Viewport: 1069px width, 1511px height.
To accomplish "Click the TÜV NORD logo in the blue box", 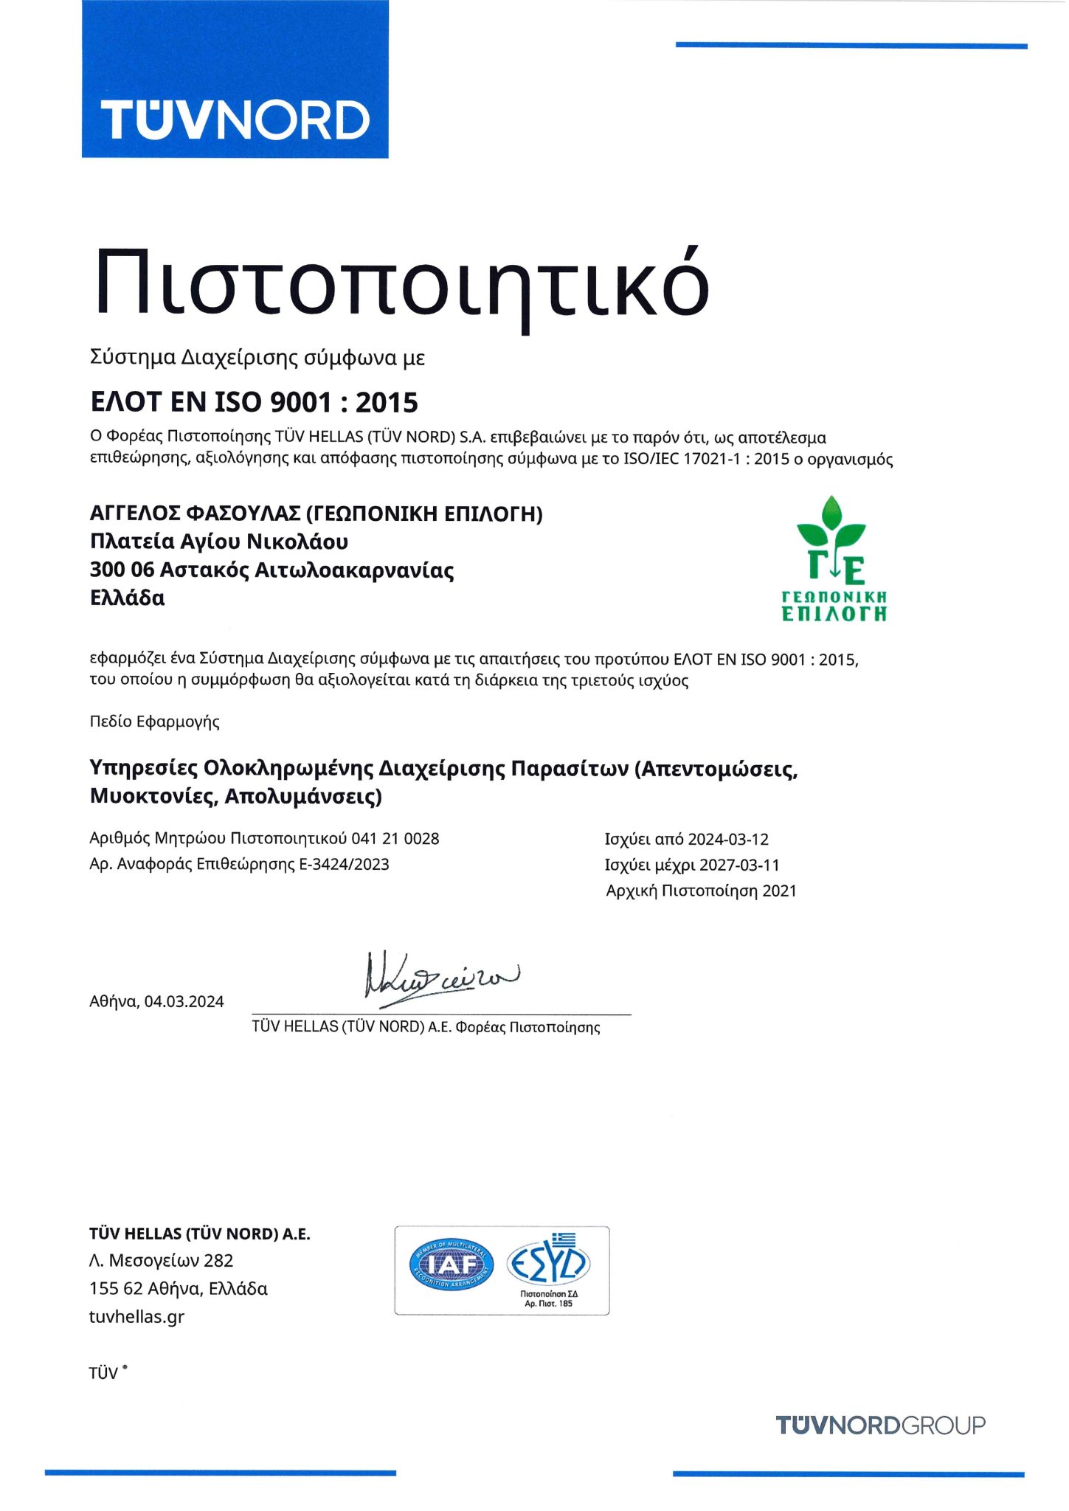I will (235, 120).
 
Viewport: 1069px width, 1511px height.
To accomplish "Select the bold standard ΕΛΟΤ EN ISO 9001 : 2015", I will (254, 403).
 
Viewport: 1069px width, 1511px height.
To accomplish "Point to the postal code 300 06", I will (121, 570).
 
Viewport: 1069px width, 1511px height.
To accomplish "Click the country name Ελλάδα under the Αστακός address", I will (127, 598).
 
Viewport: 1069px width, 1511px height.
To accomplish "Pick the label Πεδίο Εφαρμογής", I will (154, 722).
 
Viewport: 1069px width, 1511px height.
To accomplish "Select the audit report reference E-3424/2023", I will (344, 864).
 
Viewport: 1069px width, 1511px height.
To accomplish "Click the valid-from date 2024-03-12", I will (727, 839).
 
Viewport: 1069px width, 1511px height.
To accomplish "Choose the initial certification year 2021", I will (779, 891).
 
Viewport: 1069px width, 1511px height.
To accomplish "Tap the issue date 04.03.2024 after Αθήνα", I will (184, 1001).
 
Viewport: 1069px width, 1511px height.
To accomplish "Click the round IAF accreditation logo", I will (452, 1265).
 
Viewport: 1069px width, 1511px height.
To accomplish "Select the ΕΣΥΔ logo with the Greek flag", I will (548, 1263).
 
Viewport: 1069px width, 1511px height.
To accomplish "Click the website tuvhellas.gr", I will (136, 1316).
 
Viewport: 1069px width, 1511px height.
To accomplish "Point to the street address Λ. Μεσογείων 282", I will (161, 1260).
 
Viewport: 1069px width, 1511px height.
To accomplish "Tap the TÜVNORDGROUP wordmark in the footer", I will (880, 1425).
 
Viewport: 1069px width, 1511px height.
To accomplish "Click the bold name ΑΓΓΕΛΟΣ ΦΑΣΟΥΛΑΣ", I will (195, 514).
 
